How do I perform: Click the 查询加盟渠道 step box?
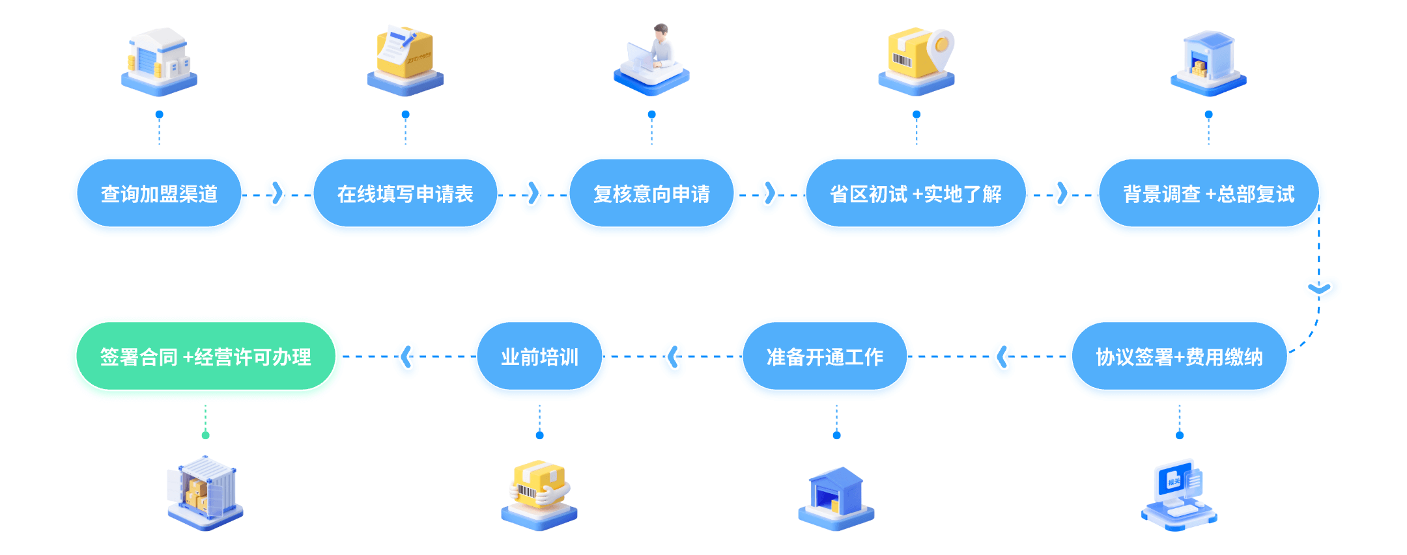point(159,193)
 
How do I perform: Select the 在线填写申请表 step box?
point(405,193)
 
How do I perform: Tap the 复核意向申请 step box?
point(651,193)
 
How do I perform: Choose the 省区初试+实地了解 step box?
point(916,193)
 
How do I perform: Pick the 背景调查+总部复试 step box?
point(1208,193)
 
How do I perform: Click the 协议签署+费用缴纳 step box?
point(1179,357)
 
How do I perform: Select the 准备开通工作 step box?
point(825,357)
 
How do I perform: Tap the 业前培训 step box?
point(539,357)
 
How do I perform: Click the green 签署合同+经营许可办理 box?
point(206,357)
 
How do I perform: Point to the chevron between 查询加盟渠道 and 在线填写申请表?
point(277,193)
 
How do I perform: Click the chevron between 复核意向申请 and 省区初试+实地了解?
point(770,193)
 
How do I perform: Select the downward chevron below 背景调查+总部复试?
point(1319,288)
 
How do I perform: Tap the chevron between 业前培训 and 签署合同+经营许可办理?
point(406,357)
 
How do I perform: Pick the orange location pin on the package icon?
point(941,46)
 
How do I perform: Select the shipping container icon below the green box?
point(206,493)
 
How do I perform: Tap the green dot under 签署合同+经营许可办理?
point(206,435)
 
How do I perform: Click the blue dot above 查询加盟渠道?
point(160,115)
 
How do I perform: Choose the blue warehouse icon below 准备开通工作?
point(836,498)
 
